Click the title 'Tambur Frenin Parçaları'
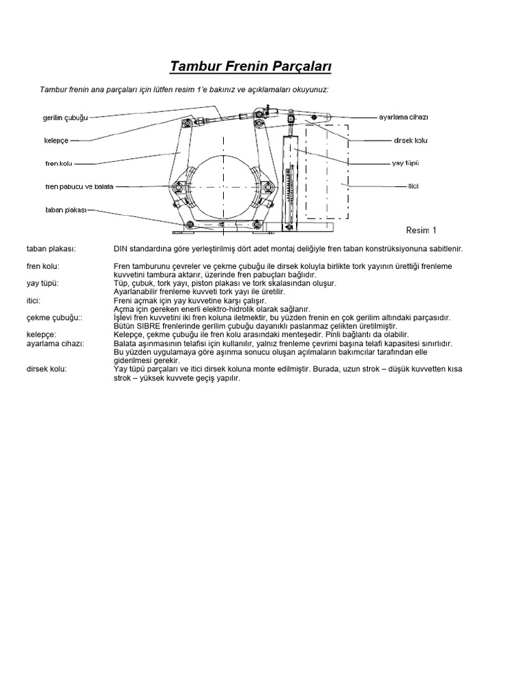(250, 66)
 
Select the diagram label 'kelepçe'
(56, 140)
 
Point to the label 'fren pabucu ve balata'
(79, 186)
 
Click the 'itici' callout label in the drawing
(413, 186)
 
